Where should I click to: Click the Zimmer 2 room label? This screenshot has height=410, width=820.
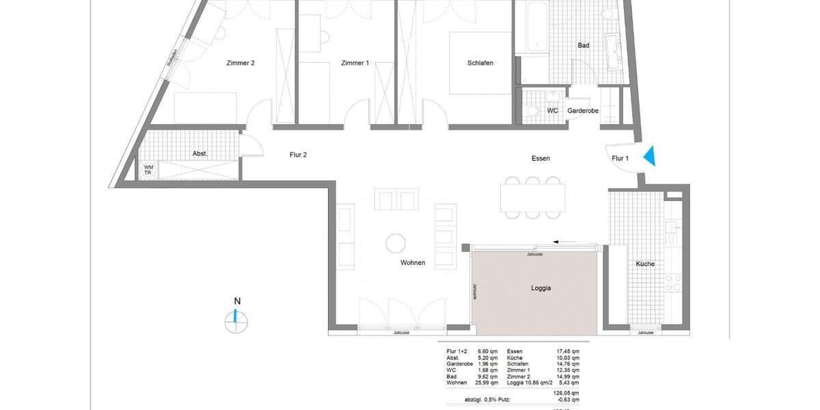coord(241,64)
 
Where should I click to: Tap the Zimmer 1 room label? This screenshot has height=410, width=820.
coord(355,64)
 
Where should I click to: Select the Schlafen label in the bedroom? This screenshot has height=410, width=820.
coord(480,64)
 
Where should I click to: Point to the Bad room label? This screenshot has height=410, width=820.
coord(583,46)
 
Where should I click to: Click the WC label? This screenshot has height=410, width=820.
coord(552,110)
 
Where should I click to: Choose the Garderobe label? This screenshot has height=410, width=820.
coord(583,110)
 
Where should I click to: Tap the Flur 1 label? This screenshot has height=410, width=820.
coord(620,159)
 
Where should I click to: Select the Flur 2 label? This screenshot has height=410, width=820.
coord(298,154)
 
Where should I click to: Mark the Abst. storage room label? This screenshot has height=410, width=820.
coord(200,154)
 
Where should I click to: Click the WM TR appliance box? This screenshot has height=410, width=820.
coord(148,170)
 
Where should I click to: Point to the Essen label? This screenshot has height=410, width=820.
coord(541,159)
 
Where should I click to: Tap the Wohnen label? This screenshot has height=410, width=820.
coord(413,263)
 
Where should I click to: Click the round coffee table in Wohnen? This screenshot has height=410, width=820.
coord(396,243)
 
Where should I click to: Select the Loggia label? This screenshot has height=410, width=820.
coord(541,288)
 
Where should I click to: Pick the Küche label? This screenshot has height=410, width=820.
coord(645,264)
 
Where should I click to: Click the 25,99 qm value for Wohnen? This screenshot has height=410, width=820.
coord(487,383)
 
